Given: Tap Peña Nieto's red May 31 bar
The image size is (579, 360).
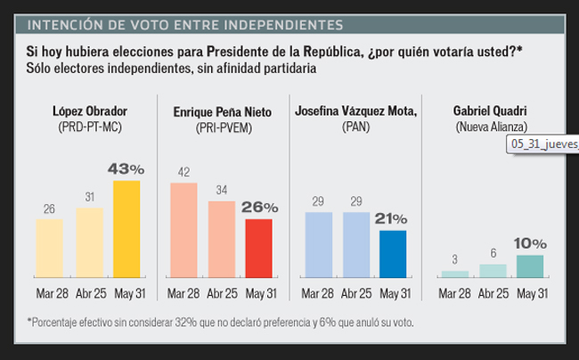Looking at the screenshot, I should point(259,248).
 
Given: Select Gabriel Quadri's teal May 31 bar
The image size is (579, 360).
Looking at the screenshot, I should point(529,266).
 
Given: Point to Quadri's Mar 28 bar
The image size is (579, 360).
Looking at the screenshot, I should point(453,274).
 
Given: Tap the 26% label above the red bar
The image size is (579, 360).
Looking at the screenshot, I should point(260,207).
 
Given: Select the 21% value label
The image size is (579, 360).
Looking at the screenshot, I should point(393,218).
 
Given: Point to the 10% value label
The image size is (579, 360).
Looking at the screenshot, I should point(529,243).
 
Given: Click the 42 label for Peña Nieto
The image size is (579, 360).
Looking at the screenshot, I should point(183,172).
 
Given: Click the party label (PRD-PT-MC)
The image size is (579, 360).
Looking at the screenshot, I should point(88,127).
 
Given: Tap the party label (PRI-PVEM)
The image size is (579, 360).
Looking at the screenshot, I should point(222,127).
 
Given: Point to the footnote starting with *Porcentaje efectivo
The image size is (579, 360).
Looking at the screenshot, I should point(221,322).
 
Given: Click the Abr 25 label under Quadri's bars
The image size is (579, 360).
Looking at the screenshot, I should point(492,294).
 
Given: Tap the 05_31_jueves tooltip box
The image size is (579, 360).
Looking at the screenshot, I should point(542,143).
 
